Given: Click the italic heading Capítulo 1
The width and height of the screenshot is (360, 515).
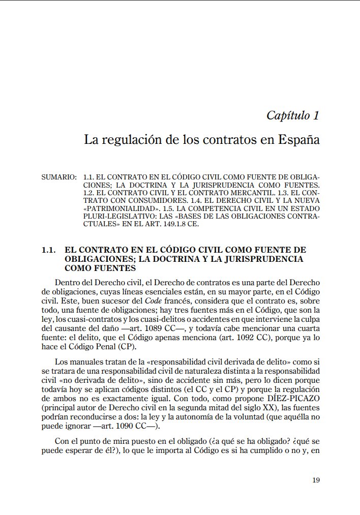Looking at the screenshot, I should click(293, 115).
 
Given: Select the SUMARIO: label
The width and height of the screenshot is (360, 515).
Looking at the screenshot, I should click(58, 177).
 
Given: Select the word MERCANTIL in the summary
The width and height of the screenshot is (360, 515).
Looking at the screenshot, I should click(237, 193).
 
